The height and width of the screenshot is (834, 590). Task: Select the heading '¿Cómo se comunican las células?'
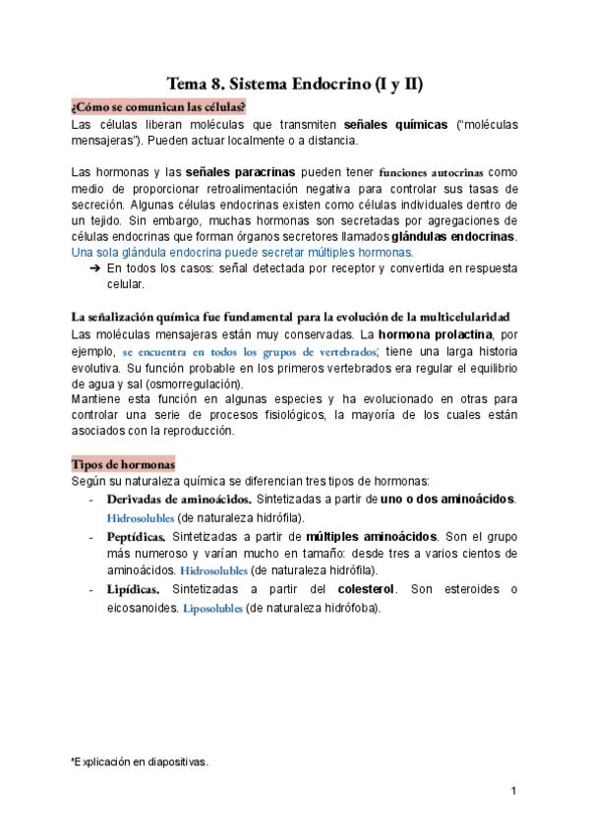[157, 106]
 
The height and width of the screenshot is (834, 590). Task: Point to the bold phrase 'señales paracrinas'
[240, 172]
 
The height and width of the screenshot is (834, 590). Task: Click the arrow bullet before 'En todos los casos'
[95, 268]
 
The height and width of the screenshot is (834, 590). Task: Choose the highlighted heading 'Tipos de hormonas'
[123, 463]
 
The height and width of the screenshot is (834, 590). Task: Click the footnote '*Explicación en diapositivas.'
[140, 761]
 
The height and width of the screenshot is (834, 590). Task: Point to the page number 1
[514, 791]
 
